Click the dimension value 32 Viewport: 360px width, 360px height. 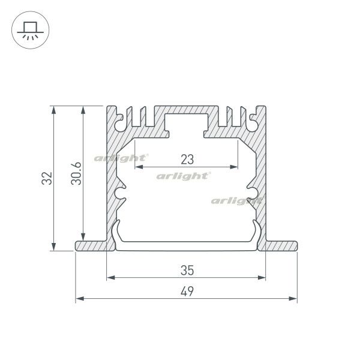click(48, 179)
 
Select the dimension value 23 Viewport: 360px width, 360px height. click(187, 159)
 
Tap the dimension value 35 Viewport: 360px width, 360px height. click(186, 270)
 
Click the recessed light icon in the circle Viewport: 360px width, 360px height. click(29, 29)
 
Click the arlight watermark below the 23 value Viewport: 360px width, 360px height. click(183, 176)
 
